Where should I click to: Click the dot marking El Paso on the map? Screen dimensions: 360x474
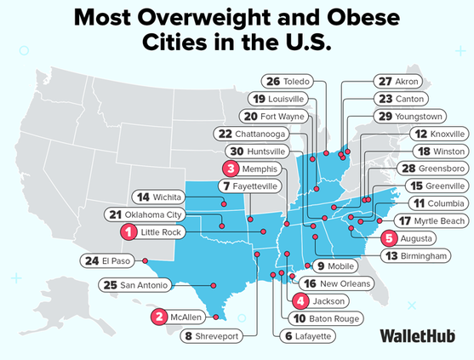(146, 260)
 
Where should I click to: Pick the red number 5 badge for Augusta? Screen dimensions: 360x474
(388, 238)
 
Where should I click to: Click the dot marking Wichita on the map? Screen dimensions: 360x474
(224, 204)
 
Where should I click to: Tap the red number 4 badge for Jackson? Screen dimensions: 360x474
(300, 300)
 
